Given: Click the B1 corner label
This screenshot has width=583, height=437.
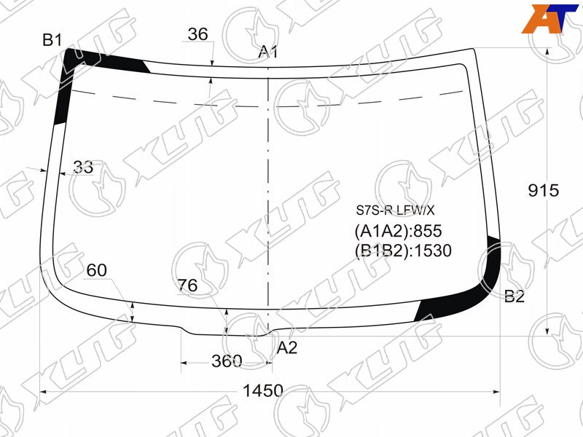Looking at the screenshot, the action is click(x=52, y=40).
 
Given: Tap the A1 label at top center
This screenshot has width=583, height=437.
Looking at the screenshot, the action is click(x=268, y=52).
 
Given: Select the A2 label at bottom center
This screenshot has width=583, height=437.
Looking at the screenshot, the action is click(x=287, y=348).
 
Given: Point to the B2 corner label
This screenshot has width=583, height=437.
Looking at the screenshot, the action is click(x=514, y=296).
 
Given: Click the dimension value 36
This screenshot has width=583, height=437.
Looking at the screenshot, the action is click(x=197, y=34).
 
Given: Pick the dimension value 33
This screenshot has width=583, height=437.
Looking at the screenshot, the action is click(x=83, y=168).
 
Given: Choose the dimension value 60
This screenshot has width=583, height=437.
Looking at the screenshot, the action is click(x=97, y=270).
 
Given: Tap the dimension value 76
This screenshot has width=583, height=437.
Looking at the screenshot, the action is click(x=187, y=286).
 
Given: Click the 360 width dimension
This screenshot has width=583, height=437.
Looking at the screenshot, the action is click(x=227, y=361).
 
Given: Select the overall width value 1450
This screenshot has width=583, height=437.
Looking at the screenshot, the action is click(x=263, y=391).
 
